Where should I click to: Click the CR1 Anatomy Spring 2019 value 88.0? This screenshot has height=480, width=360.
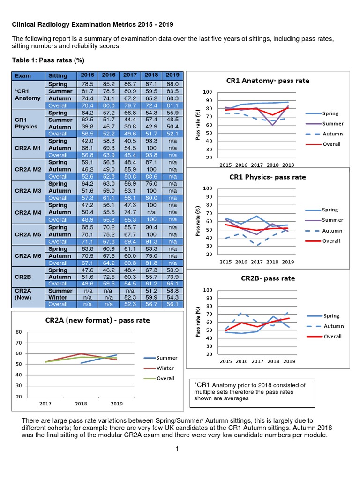(x=173, y=84)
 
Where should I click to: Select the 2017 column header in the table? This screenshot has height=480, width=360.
(x=130, y=75)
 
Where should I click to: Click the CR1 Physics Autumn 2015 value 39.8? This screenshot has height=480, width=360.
(x=87, y=127)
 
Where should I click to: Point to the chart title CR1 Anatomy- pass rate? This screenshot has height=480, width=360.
(x=268, y=81)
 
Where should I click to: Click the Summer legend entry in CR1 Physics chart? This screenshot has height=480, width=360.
(x=333, y=220)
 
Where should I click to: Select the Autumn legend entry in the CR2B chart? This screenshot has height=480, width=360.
(x=333, y=326)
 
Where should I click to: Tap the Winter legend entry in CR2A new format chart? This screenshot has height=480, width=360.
(x=165, y=368)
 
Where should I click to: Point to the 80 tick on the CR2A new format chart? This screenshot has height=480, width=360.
(x=19, y=332)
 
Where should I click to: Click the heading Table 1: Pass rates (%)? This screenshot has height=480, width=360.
(x=48, y=60)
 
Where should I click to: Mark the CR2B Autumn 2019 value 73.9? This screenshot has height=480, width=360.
(x=173, y=276)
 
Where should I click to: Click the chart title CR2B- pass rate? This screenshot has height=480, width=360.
(x=268, y=278)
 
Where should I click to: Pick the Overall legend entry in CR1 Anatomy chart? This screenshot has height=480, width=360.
(x=331, y=144)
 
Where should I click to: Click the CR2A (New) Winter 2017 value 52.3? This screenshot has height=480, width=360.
(x=130, y=297)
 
